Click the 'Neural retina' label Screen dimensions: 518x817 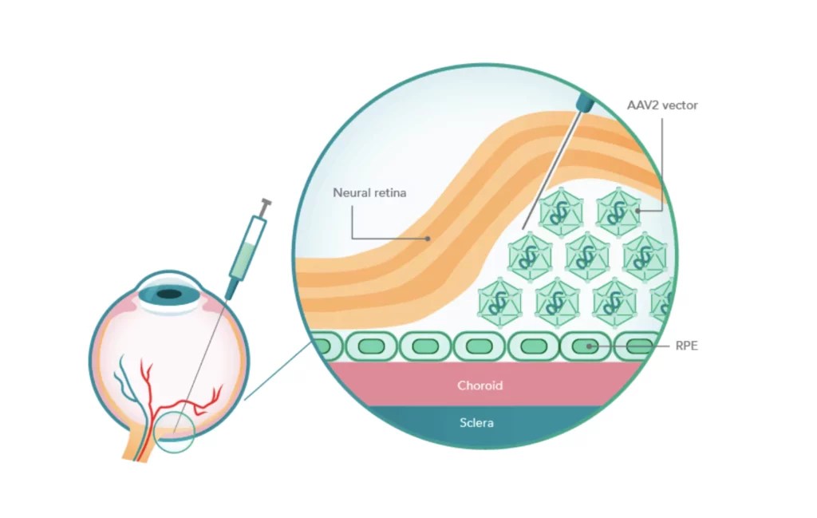click(x=369, y=193)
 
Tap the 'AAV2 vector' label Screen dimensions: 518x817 click(x=661, y=105)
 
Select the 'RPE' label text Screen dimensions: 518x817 click(x=686, y=346)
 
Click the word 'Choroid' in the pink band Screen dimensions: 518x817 click(x=480, y=386)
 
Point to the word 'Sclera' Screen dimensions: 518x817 click(x=476, y=422)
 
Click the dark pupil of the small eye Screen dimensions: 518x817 click(x=168, y=295)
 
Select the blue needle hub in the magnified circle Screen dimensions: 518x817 click(x=586, y=101)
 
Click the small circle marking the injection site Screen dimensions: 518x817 click(x=175, y=433)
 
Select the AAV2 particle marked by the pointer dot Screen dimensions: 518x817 click(x=619, y=212)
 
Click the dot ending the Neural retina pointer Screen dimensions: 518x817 click(x=428, y=238)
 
